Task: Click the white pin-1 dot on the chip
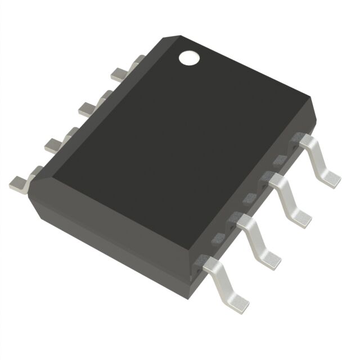pos(188,57)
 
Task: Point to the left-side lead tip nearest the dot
pos(120,73)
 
